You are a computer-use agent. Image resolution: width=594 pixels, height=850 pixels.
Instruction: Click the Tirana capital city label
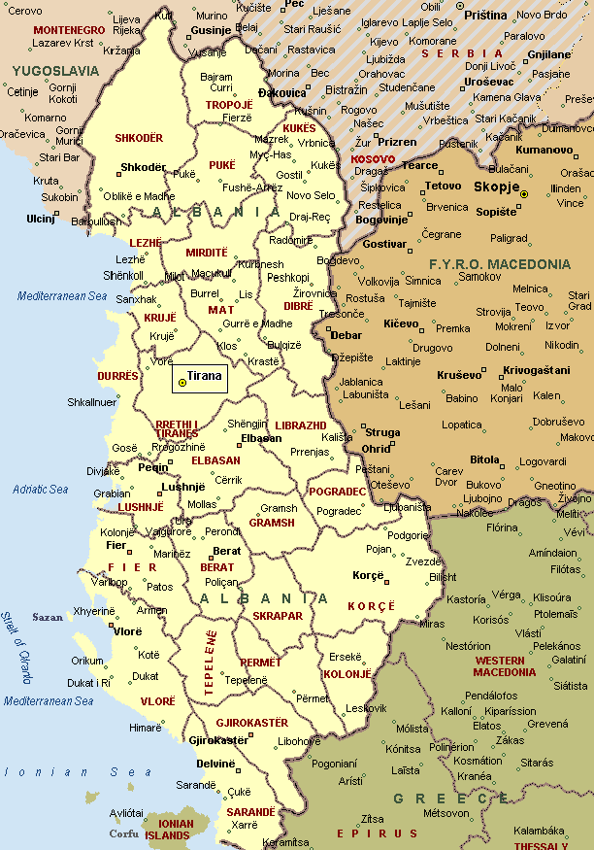205,376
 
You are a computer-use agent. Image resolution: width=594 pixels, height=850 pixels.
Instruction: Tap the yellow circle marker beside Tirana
182,383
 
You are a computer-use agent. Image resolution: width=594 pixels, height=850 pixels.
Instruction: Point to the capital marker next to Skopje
524,194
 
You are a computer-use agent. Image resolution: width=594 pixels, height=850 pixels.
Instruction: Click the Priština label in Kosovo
485,16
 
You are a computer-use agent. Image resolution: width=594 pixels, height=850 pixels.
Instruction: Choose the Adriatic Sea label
41,490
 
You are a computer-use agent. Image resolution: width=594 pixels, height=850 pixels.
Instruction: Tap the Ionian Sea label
64,771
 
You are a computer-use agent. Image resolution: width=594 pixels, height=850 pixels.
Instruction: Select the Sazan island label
48,617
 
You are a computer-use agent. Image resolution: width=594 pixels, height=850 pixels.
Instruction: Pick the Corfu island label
123,833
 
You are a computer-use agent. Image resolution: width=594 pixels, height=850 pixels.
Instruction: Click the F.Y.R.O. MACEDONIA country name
500,263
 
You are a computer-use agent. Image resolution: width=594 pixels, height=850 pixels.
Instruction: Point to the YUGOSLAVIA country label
55,71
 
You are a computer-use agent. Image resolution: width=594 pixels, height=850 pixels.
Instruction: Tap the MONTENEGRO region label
69,30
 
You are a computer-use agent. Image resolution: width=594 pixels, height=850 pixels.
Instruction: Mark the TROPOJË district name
229,104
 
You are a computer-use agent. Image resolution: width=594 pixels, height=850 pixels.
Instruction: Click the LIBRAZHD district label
301,426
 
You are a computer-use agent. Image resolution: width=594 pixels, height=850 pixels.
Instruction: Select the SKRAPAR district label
278,616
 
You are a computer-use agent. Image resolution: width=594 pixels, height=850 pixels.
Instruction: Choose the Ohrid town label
376,449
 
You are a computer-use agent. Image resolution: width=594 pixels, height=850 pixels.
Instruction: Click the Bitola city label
484,459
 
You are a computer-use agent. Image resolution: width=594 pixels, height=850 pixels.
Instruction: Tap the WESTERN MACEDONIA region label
506,666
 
